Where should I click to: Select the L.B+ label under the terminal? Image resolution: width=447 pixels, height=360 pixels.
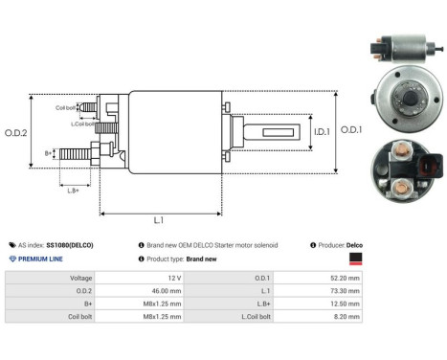coord(75,191)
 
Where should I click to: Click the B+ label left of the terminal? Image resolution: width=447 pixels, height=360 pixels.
coord(49,152)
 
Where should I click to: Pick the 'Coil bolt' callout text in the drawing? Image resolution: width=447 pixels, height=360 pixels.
coord(67,108)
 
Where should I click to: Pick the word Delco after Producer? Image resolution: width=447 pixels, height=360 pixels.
coord(355,245)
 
